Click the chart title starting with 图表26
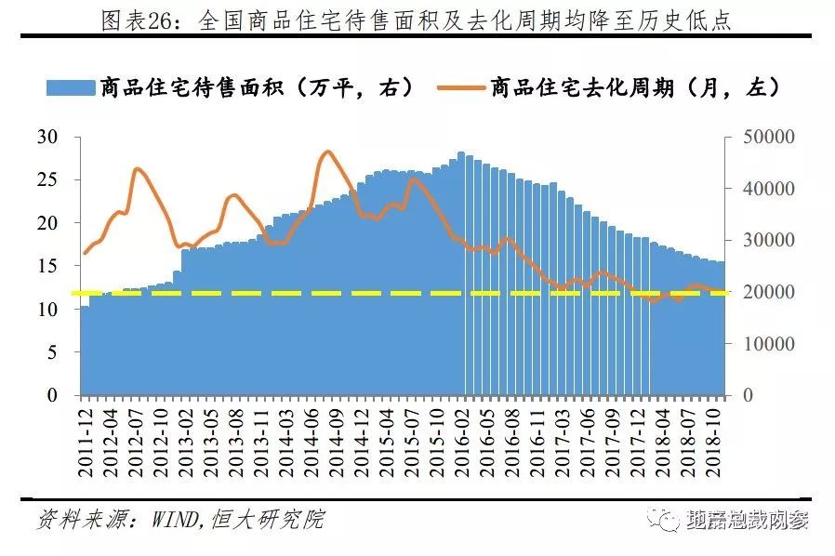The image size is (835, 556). [x=417, y=20]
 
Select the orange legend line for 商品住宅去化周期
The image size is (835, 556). [x=459, y=87]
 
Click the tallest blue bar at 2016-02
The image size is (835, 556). [x=461, y=279]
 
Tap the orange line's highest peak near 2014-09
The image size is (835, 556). [x=327, y=152]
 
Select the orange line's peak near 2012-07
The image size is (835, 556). [x=138, y=168]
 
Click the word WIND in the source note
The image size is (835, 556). [x=169, y=519]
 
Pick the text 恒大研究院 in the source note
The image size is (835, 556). [x=271, y=519]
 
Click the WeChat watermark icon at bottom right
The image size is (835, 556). [x=666, y=520]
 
